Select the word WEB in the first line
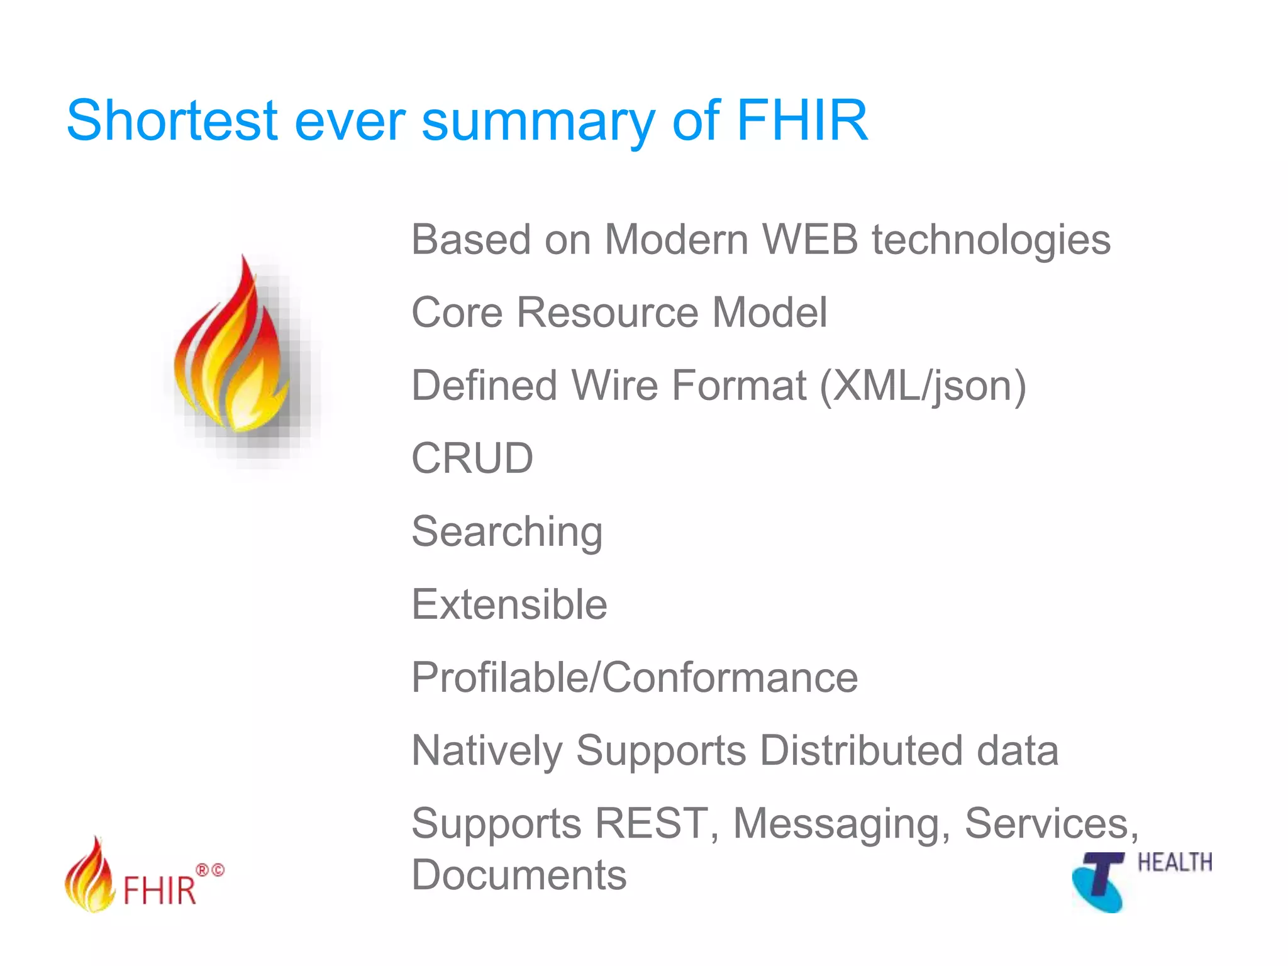[x=810, y=240]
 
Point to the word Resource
[x=607, y=313]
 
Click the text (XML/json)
[x=923, y=386]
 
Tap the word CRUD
[x=472, y=458]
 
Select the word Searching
[x=507, y=532]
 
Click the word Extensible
[x=509, y=605]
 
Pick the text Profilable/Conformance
[x=635, y=678]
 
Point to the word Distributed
[x=861, y=751]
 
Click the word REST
[x=652, y=824]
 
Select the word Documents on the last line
[x=519, y=875]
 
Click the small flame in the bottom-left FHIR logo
[x=90, y=876]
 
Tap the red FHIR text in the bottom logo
[x=160, y=891]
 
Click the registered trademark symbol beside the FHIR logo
[x=203, y=870]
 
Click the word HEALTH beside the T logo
[x=1174, y=863]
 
